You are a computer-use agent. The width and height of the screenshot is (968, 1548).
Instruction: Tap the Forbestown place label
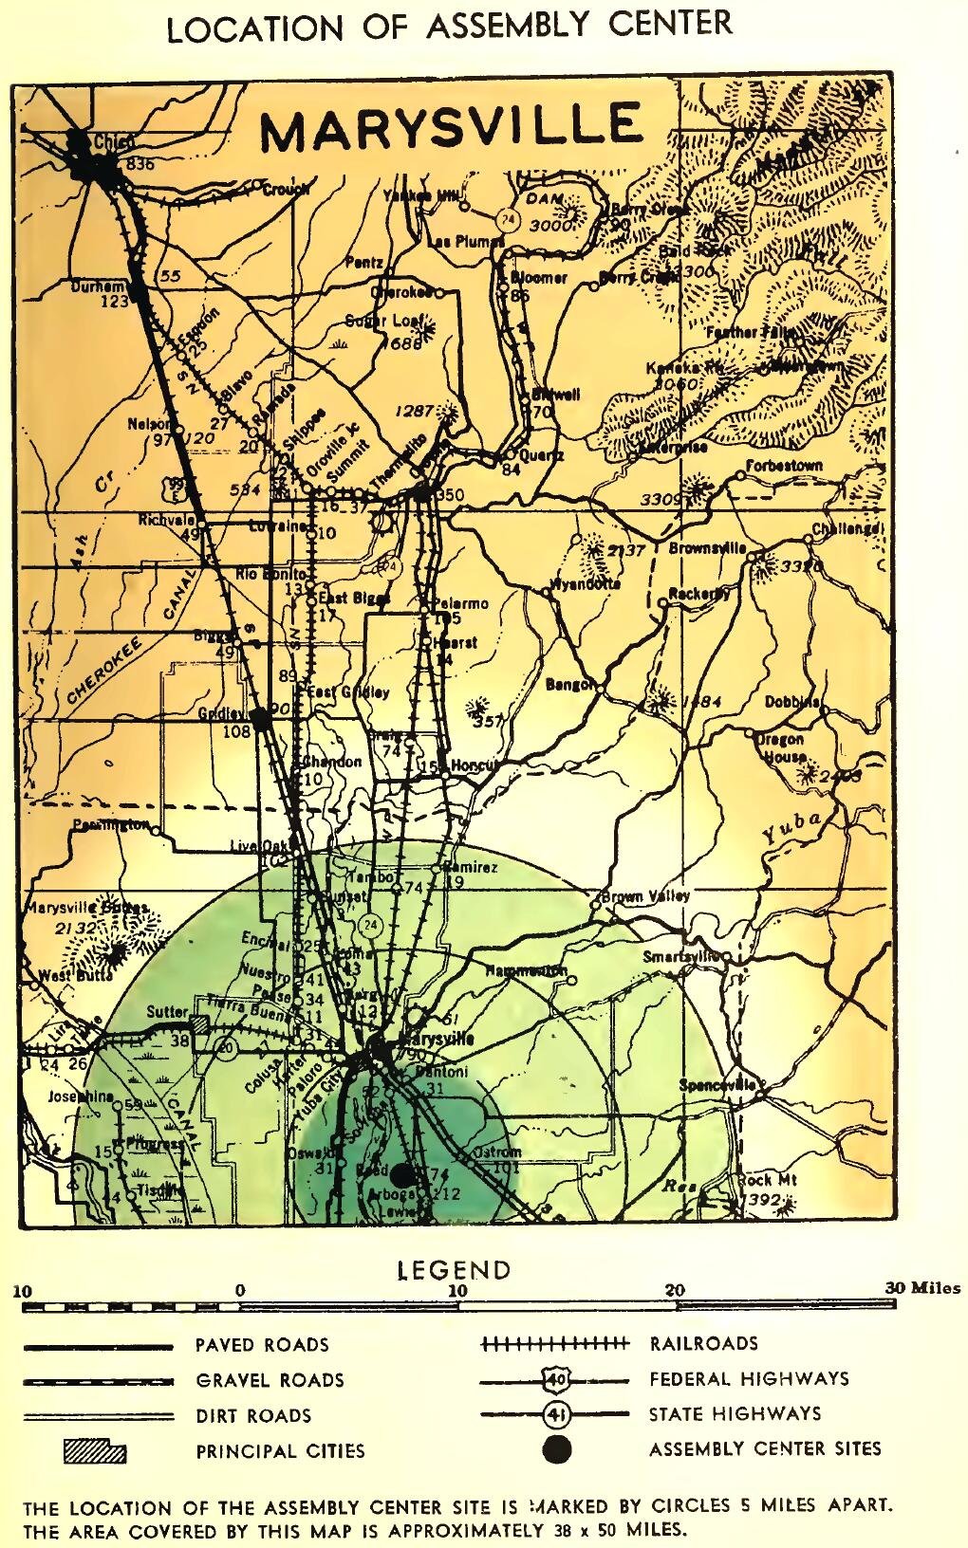[x=784, y=467]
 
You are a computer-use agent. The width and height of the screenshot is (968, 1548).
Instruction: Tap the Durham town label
[x=99, y=286]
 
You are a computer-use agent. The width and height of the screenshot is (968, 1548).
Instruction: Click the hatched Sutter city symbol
[x=200, y=1024]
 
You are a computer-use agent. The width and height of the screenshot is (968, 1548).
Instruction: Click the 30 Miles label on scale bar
[x=922, y=1288]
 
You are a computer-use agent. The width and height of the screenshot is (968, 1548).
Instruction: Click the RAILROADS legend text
[x=703, y=1343]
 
